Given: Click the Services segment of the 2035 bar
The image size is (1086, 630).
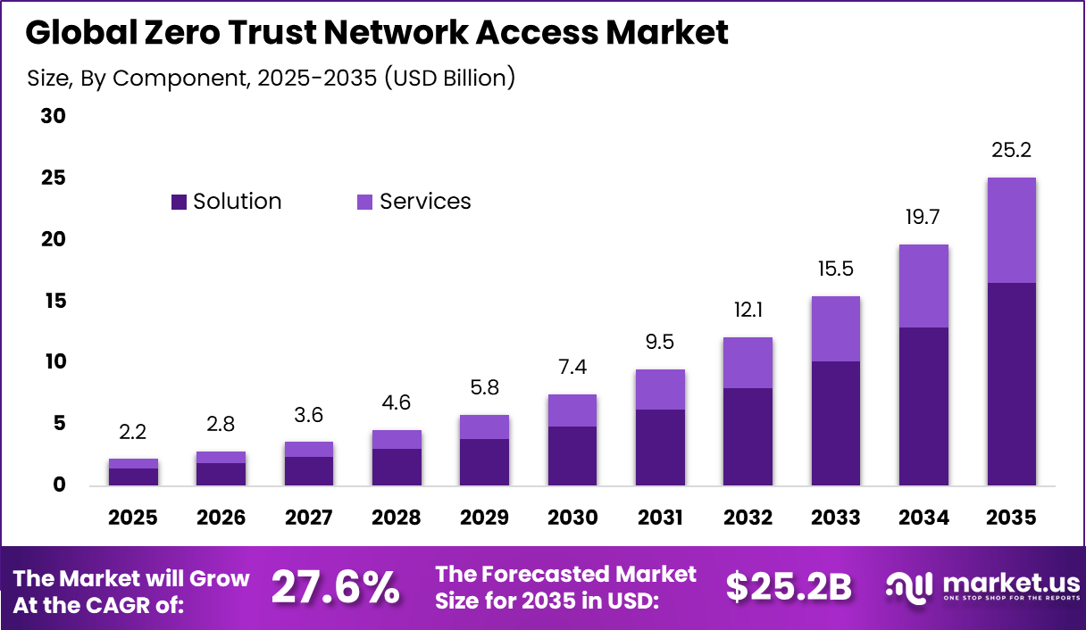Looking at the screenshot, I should tap(1011, 230).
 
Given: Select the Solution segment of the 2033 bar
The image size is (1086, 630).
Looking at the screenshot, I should tap(835, 423).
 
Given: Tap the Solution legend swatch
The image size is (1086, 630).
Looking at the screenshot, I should tap(179, 203).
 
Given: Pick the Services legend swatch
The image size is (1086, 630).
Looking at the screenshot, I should tap(365, 203).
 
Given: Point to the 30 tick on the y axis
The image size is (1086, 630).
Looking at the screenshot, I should tap(53, 117).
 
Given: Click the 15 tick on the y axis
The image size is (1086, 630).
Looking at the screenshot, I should tap(53, 301).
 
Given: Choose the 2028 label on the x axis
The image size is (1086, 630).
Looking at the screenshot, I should tap(397, 518).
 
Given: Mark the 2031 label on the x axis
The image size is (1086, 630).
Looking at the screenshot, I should tap(660, 518).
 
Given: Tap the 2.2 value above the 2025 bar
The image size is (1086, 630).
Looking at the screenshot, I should tap(133, 433).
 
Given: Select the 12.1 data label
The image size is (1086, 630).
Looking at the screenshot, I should tap(748, 311).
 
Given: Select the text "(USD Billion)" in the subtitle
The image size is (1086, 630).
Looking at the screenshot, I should tap(450, 79).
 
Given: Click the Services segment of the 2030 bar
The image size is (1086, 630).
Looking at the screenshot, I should tap(572, 410).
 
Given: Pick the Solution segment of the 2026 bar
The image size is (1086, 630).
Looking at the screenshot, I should tap(221, 474).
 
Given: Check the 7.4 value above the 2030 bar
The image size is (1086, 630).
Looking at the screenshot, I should tap(572, 368).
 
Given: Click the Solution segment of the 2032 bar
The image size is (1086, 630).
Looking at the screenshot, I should tap(748, 436).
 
